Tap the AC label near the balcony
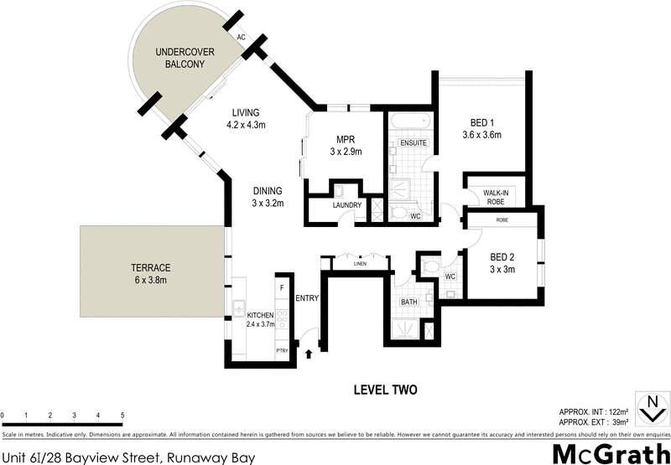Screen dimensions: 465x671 (241, 38)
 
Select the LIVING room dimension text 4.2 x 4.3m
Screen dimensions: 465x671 (246, 126)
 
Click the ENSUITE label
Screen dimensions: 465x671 (414, 143)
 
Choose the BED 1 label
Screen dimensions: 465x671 (481, 122)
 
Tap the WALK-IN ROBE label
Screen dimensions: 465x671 (497, 198)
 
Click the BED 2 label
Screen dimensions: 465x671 (502, 257)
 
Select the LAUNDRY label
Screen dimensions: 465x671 (346, 205)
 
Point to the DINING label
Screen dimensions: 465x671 (267, 190)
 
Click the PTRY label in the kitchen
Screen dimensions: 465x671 (282, 350)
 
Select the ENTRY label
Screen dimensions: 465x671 (307, 297)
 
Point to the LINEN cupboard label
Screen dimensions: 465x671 (360, 263)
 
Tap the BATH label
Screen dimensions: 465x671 (408, 301)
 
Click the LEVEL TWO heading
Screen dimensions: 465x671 (384, 390)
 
